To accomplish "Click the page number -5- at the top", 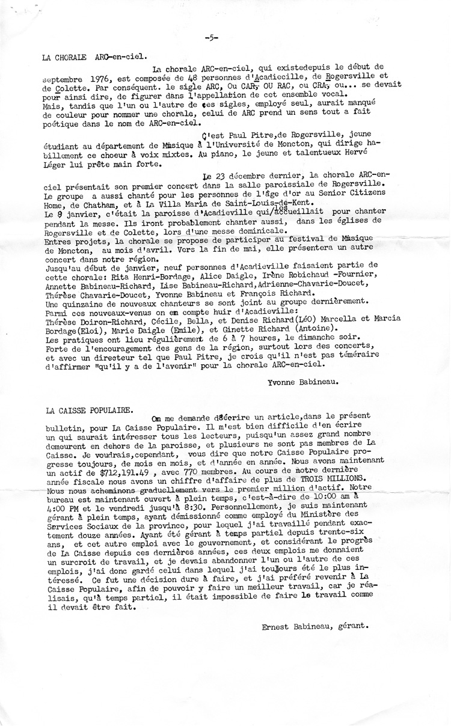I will [211, 37].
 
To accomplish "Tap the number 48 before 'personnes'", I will [216, 79].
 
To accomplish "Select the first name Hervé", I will [373, 153].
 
